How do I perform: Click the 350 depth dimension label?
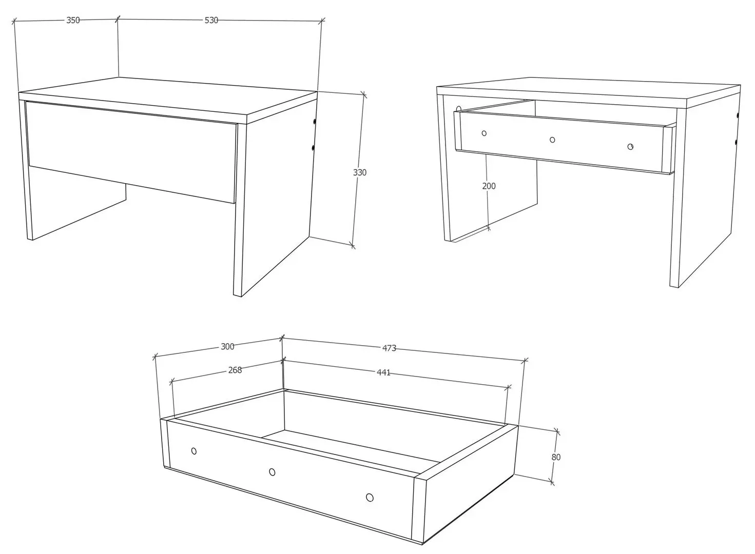(73, 21)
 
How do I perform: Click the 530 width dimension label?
(211, 21)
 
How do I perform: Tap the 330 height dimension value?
(360, 172)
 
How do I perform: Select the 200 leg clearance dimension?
(489, 186)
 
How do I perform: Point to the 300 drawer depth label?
(227, 347)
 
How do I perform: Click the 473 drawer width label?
(389, 348)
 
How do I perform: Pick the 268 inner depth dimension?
(235, 370)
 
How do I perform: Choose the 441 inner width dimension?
(383, 373)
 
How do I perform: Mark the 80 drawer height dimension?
(556, 457)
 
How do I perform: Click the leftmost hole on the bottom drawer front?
(193, 451)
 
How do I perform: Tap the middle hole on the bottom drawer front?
(272, 472)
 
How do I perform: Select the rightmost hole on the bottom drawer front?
(370, 497)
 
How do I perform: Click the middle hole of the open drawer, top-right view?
(552, 140)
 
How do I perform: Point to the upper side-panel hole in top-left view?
(314, 122)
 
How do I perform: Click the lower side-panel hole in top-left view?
(314, 148)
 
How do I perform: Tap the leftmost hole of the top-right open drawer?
(484, 133)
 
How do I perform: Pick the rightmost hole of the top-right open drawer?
(630, 147)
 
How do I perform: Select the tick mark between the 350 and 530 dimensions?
(118, 19)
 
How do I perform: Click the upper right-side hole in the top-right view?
(738, 115)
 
